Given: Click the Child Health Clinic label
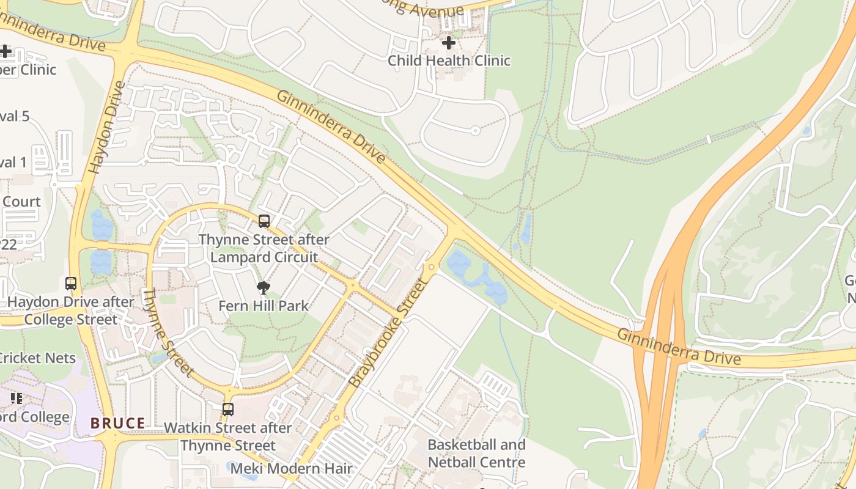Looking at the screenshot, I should (449, 61).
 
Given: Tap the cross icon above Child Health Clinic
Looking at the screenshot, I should (449, 43).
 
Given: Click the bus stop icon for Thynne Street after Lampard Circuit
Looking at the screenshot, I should (264, 221).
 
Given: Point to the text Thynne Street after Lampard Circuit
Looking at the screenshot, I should (264, 248).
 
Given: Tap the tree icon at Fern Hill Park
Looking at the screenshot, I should (264, 287).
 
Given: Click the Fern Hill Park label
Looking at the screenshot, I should (264, 306).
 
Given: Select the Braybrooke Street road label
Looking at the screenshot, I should (388, 333).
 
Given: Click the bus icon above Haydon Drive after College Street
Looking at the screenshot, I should (71, 284).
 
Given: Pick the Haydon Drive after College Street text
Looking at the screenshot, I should (70, 311).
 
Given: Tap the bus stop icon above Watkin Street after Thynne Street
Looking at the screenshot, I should (228, 410).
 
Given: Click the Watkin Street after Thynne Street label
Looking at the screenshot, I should (228, 436).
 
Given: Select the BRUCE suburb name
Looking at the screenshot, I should (118, 423).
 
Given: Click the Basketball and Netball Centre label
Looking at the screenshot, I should (476, 453).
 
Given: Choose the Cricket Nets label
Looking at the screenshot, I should (38, 358).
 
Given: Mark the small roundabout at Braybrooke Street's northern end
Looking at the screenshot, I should (432, 267).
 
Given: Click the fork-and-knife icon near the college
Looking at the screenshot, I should (17, 399).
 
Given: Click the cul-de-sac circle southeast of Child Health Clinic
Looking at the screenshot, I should (476, 130).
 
